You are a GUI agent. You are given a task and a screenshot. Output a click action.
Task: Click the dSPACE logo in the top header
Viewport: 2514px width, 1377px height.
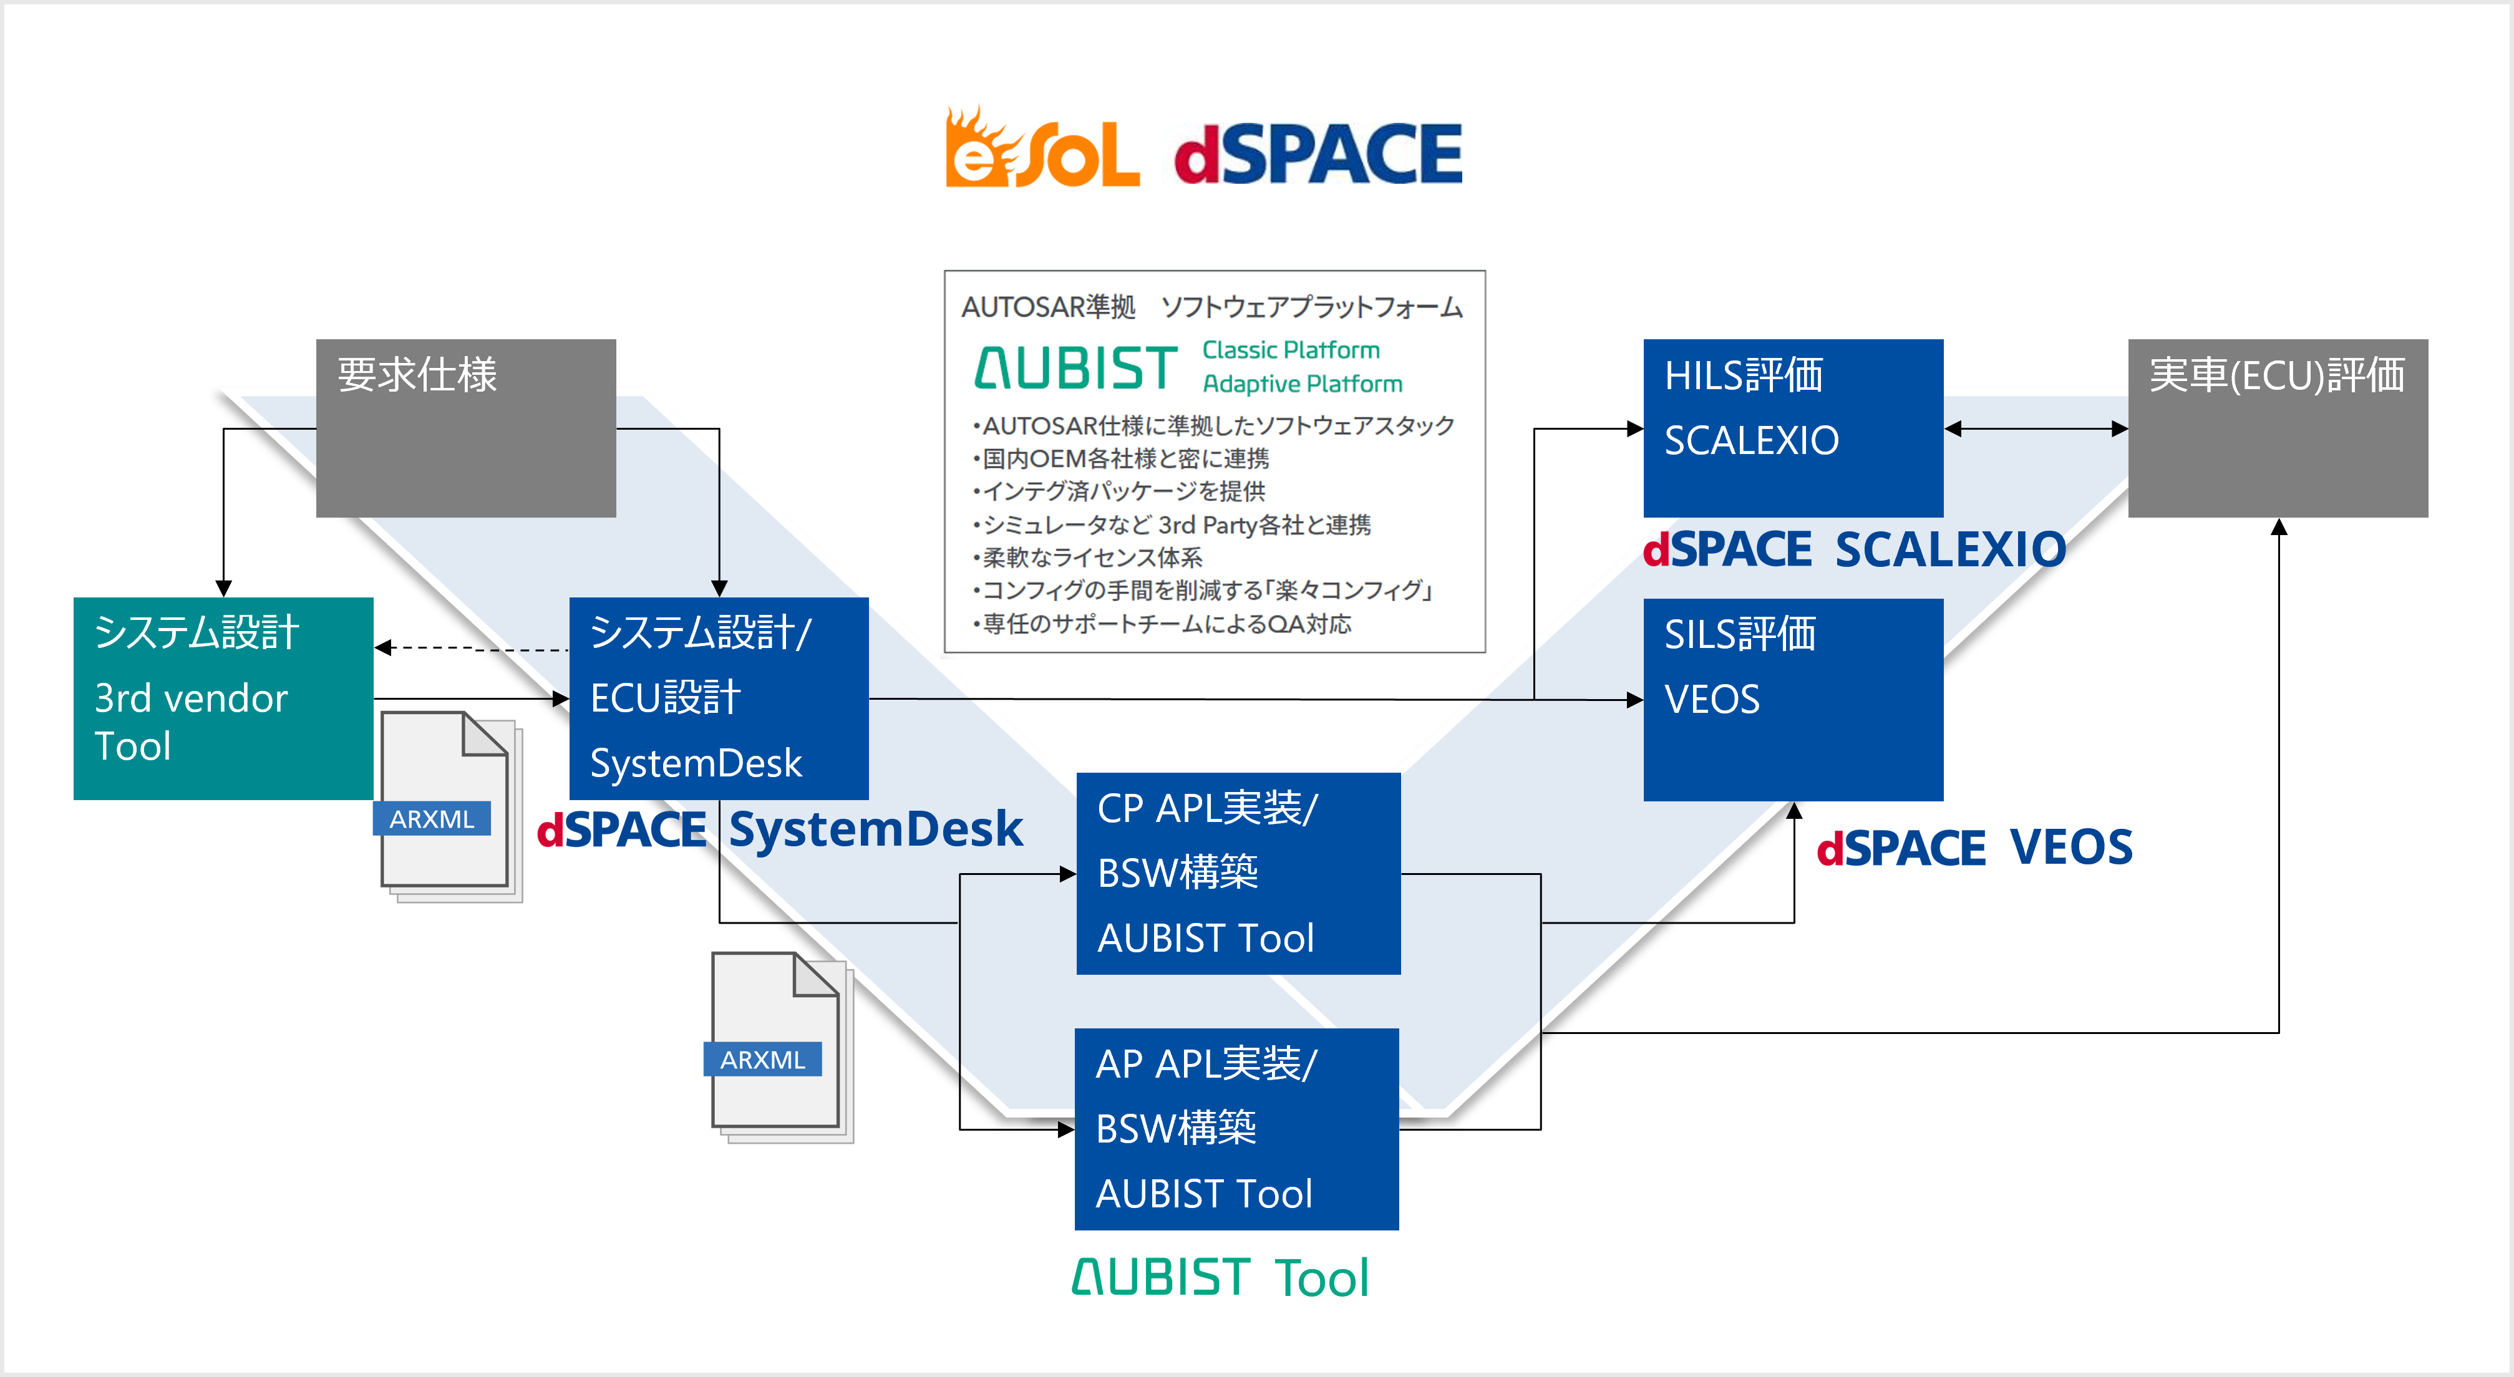[x=1318, y=154]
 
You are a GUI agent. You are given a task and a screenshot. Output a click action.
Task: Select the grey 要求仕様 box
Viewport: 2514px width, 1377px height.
[x=465, y=427]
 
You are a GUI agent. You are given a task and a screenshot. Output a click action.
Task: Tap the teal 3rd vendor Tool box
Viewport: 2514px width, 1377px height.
[x=223, y=698]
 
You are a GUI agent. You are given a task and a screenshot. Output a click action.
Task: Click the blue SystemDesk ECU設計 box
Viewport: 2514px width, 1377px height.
[x=718, y=698]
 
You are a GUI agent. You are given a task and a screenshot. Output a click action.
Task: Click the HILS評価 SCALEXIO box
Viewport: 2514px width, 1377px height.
[x=1793, y=427]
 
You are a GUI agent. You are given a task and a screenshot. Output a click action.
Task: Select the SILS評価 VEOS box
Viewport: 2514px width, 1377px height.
[x=1793, y=698]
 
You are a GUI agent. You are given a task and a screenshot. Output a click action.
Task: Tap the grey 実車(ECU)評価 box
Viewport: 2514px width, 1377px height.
[x=2277, y=427]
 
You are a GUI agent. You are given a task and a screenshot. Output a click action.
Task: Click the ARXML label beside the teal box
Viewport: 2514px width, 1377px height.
[x=431, y=819]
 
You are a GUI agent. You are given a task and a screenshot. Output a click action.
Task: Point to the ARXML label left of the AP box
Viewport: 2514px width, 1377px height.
[x=762, y=1059]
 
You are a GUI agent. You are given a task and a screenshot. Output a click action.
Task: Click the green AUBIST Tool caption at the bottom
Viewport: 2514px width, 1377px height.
[x=1220, y=1277]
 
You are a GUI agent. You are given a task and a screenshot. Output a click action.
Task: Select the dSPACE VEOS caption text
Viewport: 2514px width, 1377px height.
[x=1974, y=847]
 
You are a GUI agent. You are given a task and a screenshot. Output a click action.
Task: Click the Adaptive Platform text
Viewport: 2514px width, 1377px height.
[x=1302, y=384]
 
